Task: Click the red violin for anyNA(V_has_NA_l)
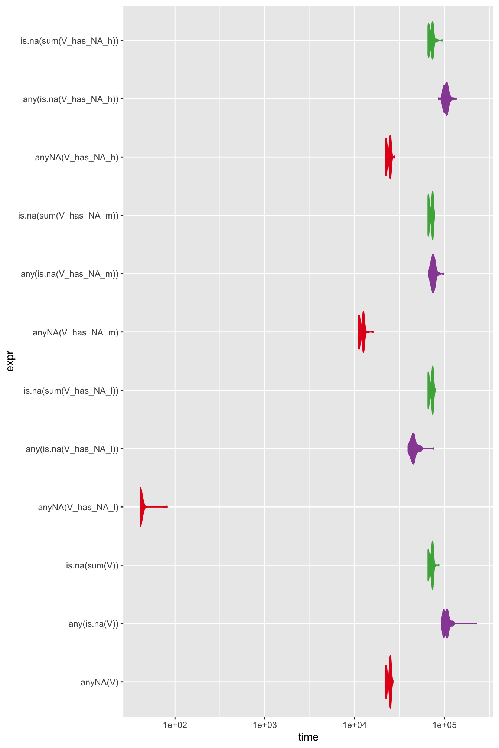click(x=141, y=506)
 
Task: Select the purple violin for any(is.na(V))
click(x=446, y=623)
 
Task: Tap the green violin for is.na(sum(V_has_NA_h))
click(x=431, y=40)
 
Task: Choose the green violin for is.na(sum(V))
click(x=431, y=565)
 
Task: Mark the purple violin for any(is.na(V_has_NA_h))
click(x=446, y=99)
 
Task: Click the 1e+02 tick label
click(x=175, y=725)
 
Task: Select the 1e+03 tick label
click(x=264, y=725)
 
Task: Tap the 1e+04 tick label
click(x=354, y=725)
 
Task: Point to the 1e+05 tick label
click(x=444, y=725)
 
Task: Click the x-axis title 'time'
click(x=308, y=737)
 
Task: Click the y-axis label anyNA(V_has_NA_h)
click(x=77, y=157)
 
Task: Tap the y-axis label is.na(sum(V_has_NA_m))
click(x=68, y=216)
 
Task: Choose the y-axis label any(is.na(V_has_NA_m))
click(x=69, y=274)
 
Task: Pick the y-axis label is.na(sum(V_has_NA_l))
click(x=71, y=391)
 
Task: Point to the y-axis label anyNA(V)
click(x=100, y=682)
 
